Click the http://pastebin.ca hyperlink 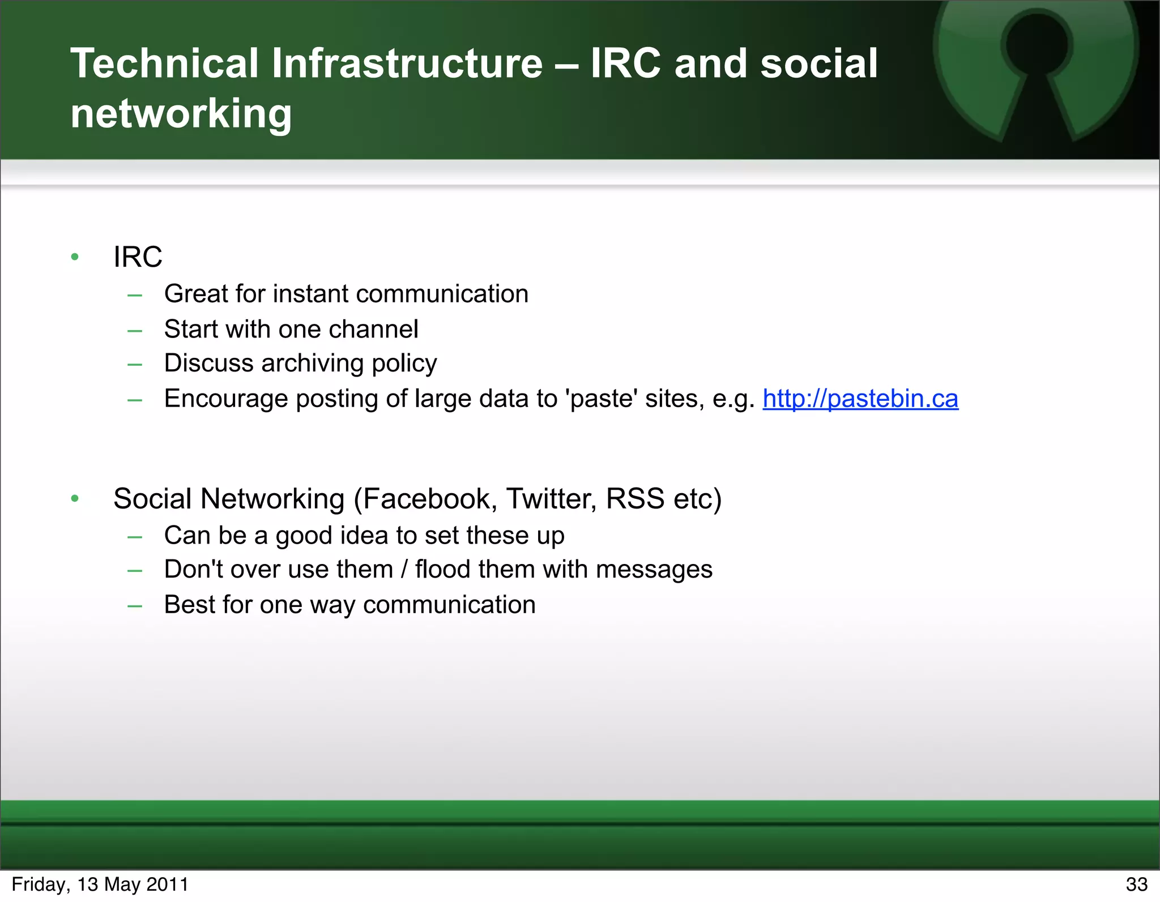tap(860, 399)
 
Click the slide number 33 tap(1136, 884)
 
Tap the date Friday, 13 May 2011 tap(100, 884)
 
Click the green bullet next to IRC tap(75, 258)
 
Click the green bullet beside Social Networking tap(75, 499)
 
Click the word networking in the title tap(181, 113)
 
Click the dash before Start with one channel tap(135, 330)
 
